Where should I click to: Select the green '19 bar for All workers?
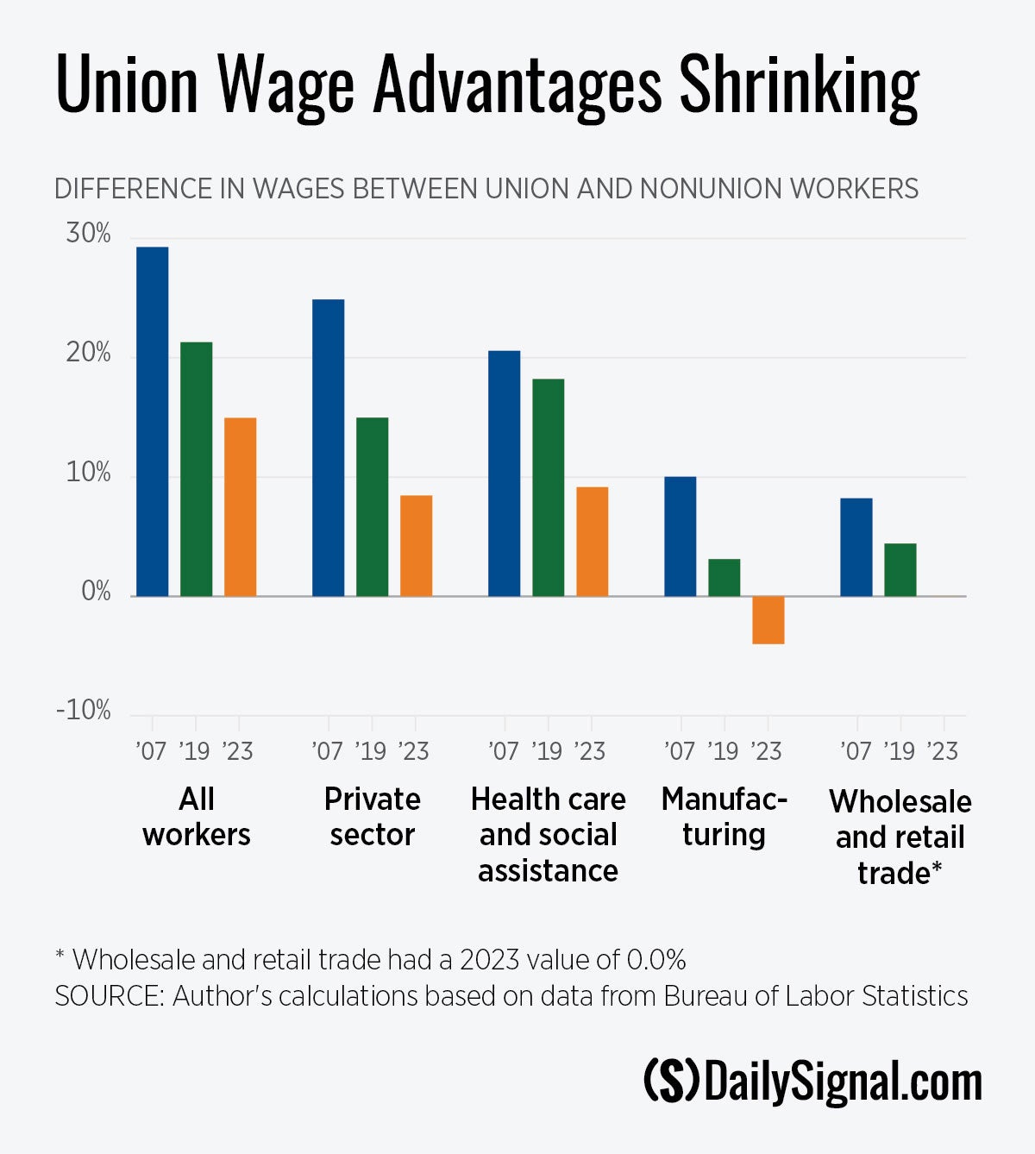coord(197,469)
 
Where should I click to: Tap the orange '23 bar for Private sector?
coord(416,545)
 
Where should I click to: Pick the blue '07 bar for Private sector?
coord(328,448)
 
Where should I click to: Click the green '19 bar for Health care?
coord(548,487)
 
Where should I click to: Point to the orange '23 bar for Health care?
coord(592,542)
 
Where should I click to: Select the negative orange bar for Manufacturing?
coord(768,620)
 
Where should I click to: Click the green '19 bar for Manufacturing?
coord(724,578)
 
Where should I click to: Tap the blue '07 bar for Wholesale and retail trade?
coord(856,547)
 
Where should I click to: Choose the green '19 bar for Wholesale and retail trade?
coord(900,569)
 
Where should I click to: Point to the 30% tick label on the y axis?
coord(88,234)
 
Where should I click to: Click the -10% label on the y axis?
coord(84,711)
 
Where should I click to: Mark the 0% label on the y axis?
coord(96,592)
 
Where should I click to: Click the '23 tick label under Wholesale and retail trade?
coord(943,751)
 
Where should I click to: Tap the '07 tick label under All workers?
coord(152,751)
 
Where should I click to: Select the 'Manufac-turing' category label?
coord(724,817)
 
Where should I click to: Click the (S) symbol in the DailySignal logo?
coord(671,1082)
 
